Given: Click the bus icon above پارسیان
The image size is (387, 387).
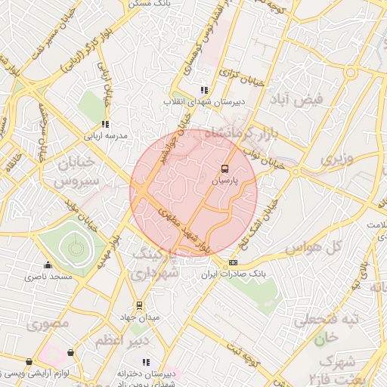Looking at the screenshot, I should tap(224, 169).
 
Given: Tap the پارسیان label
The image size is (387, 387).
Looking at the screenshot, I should tap(224, 181).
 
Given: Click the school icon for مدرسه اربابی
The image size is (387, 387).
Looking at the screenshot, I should tap(105, 124).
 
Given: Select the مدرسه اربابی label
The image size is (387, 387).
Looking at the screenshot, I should tap(106, 136).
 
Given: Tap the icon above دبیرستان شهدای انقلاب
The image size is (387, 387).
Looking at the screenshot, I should tap(203, 89).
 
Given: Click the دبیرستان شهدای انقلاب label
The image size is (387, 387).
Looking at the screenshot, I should tap(202, 101).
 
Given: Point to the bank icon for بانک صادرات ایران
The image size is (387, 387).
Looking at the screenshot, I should tap(232, 262).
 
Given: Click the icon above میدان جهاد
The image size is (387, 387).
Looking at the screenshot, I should tap(139, 305).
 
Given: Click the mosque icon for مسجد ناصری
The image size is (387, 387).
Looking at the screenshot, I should tap(48, 265).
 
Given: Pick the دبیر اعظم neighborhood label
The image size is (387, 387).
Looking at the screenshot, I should tap(119, 342).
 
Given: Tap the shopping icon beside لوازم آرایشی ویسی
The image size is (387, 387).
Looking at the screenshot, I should tap(71, 352).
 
